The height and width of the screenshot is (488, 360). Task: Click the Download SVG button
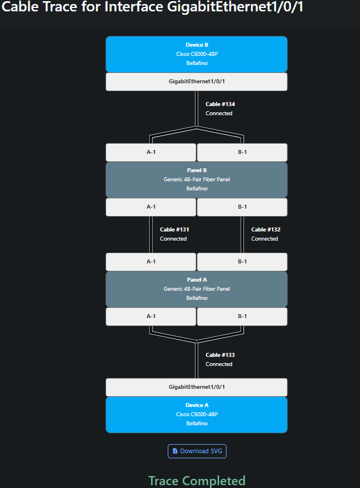pos(197,451)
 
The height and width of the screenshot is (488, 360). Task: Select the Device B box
pos(196,54)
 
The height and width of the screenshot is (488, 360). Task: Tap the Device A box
pos(196,414)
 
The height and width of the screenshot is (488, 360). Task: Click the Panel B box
pos(196,180)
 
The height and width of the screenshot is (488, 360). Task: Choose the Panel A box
pos(196,289)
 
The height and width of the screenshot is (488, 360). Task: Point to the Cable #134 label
pos(220,104)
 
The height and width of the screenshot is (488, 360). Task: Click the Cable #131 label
pos(174,230)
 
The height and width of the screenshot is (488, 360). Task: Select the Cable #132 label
pos(265,230)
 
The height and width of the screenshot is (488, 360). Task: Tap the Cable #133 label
pos(220,355)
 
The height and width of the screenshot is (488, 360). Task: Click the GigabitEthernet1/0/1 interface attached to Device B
pos(196,82)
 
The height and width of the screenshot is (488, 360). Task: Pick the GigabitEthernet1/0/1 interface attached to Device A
pos(196,387)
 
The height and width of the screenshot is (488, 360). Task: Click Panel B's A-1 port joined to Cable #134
pos(151,152)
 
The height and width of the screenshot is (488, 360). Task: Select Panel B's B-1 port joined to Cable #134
pos(242,152)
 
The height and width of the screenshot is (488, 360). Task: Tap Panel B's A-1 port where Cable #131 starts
pos(151,207)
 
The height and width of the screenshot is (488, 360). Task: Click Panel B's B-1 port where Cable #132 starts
pos(242,207)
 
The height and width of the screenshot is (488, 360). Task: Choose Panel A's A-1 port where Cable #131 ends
pos(151,262)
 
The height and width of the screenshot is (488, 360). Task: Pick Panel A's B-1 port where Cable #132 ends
pos(242,262)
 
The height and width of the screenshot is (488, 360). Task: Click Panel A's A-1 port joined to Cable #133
pos(151,316)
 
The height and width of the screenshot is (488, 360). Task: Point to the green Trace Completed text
pos(196,481)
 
